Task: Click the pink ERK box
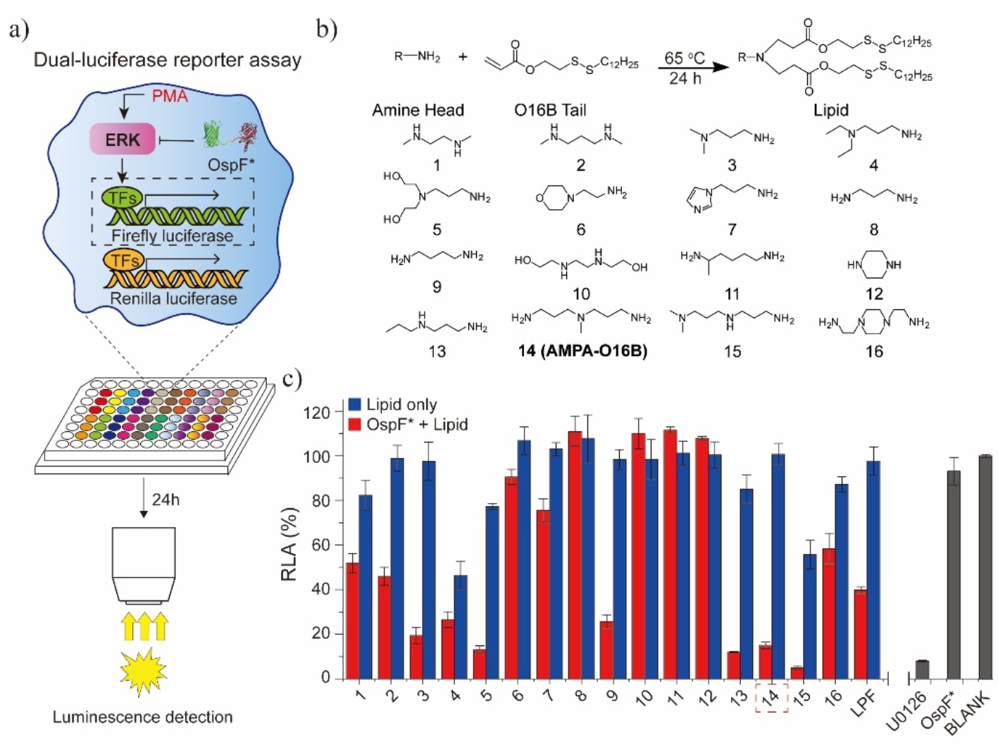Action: pyautogui.click(x=123, y=140)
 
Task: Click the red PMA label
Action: pyautogui.click(x=170, y=96)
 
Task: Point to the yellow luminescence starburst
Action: pyautogui.click(x=143, y=672)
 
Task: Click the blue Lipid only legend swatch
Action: pyautogui.click(x=355, y=404)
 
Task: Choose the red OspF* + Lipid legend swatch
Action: pyautogui.click(x=355, y=424)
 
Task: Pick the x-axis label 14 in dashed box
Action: pyautogui.click(x=771, y=698)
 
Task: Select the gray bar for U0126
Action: pyautogui.click(x=922, y=669)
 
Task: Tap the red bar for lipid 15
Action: pyautogui.click(x=797, y=672)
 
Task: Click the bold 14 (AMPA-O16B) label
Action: pyautogui.click(x=582, y=351)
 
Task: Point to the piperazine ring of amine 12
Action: pyautogui.click(x=874, y=265)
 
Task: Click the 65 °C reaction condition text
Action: pyautogui.click(x=685, y=58)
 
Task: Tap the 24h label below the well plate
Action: pyautogui.click(x=166, y=500)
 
